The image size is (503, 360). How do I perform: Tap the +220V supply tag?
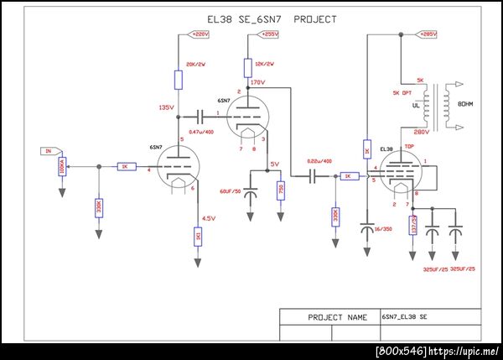point(200,34)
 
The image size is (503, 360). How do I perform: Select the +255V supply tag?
point(268,34)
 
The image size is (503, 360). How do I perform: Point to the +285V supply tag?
point(427,34)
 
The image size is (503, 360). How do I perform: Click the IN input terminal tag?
point(49,151)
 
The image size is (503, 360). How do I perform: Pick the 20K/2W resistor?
point(179,80)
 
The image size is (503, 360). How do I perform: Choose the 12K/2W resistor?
point(248,67)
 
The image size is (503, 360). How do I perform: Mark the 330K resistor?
point(335,217)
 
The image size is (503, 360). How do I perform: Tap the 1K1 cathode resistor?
point(198,238)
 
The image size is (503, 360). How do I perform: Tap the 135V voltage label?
point(165,108)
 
